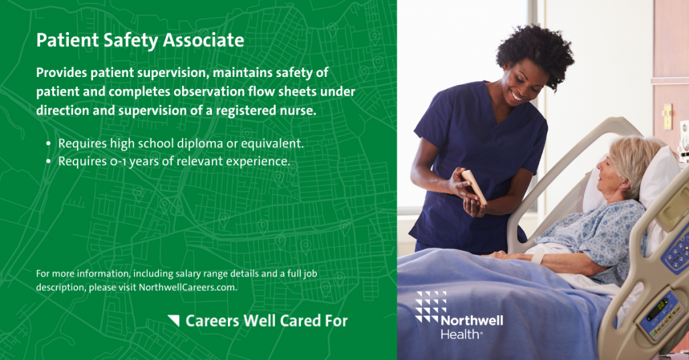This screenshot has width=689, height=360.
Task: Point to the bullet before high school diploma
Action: [x=48, y=144]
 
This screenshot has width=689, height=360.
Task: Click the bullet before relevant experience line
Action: [x=48, y=161]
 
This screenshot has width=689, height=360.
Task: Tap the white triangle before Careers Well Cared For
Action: [x=174, y=321]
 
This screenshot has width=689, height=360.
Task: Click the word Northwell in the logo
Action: [x=472, y=321]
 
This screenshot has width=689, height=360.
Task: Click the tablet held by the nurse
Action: [x=474, y=186]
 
